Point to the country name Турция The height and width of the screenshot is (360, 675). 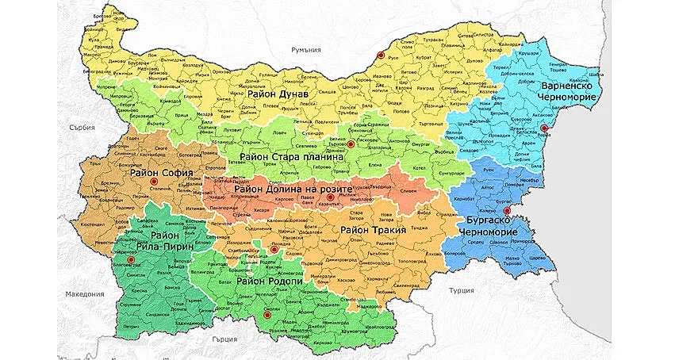coord(461,291)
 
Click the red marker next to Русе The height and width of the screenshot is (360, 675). coord(381,56)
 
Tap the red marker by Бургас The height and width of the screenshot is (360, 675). coord(508,211)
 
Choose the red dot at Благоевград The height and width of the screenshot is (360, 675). coord(121,259)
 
